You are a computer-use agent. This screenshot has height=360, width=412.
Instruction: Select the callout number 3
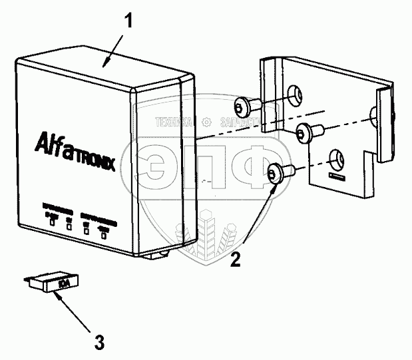coord(99,343)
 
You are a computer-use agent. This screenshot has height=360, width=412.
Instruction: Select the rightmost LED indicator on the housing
coord(103,234)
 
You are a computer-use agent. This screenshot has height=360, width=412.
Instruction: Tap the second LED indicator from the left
coord(68,226)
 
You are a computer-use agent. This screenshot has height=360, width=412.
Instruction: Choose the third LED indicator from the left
coord(86,230)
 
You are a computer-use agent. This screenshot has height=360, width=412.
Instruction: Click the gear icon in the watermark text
coord(208,122)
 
